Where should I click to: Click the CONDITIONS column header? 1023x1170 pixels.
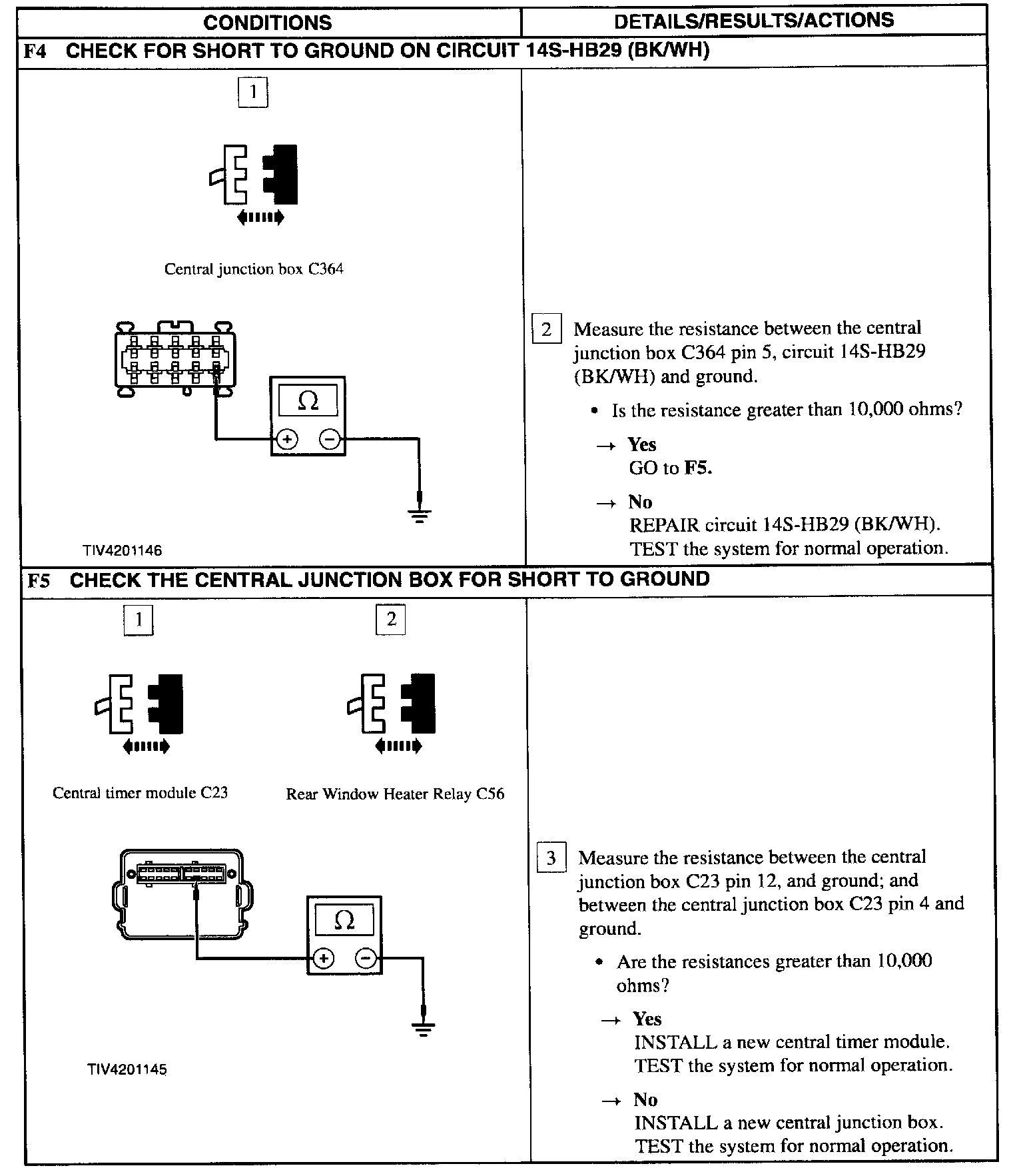pyautogui.click(x=267, y=22)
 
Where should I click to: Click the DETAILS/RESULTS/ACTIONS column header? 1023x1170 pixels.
pyautogui.click(x=753, y=21)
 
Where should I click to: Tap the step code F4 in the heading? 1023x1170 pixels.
pyautogui.click(x=35, y=51)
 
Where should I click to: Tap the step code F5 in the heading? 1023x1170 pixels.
pyautogui.click(x=39, y=580)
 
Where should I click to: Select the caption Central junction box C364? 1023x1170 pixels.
pyautogui.click(x=254, y=269)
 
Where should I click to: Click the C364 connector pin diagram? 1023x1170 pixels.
pyautogui.click(x=176, y=359)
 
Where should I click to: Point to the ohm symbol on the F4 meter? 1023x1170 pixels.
pyautogui.click(x=308, y=400)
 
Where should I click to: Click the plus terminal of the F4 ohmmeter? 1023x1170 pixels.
pyautogui.click(x=287, y=440)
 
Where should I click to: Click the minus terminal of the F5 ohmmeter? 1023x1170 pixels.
pyautogui.click(x=366, y=959)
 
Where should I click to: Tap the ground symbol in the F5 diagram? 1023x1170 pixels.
pyautogui.click(x=423, y=1029)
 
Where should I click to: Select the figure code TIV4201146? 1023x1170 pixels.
pyautogui.click(x=122, y=550)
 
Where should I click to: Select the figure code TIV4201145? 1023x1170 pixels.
pyautogui.click(x=127, y=1069)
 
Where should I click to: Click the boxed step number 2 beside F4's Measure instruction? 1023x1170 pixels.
pyautogui.click(x=546, y=328)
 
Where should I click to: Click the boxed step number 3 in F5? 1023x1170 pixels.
pyautogui.click(x=551, y=858)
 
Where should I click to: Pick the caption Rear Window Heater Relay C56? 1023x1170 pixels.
pyautogui.click(x=395, y=794)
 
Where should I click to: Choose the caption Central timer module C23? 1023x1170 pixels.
pyautogui.click(x=140, y=793)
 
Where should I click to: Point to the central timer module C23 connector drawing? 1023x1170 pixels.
pyautogui.click(x=181, y=893)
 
